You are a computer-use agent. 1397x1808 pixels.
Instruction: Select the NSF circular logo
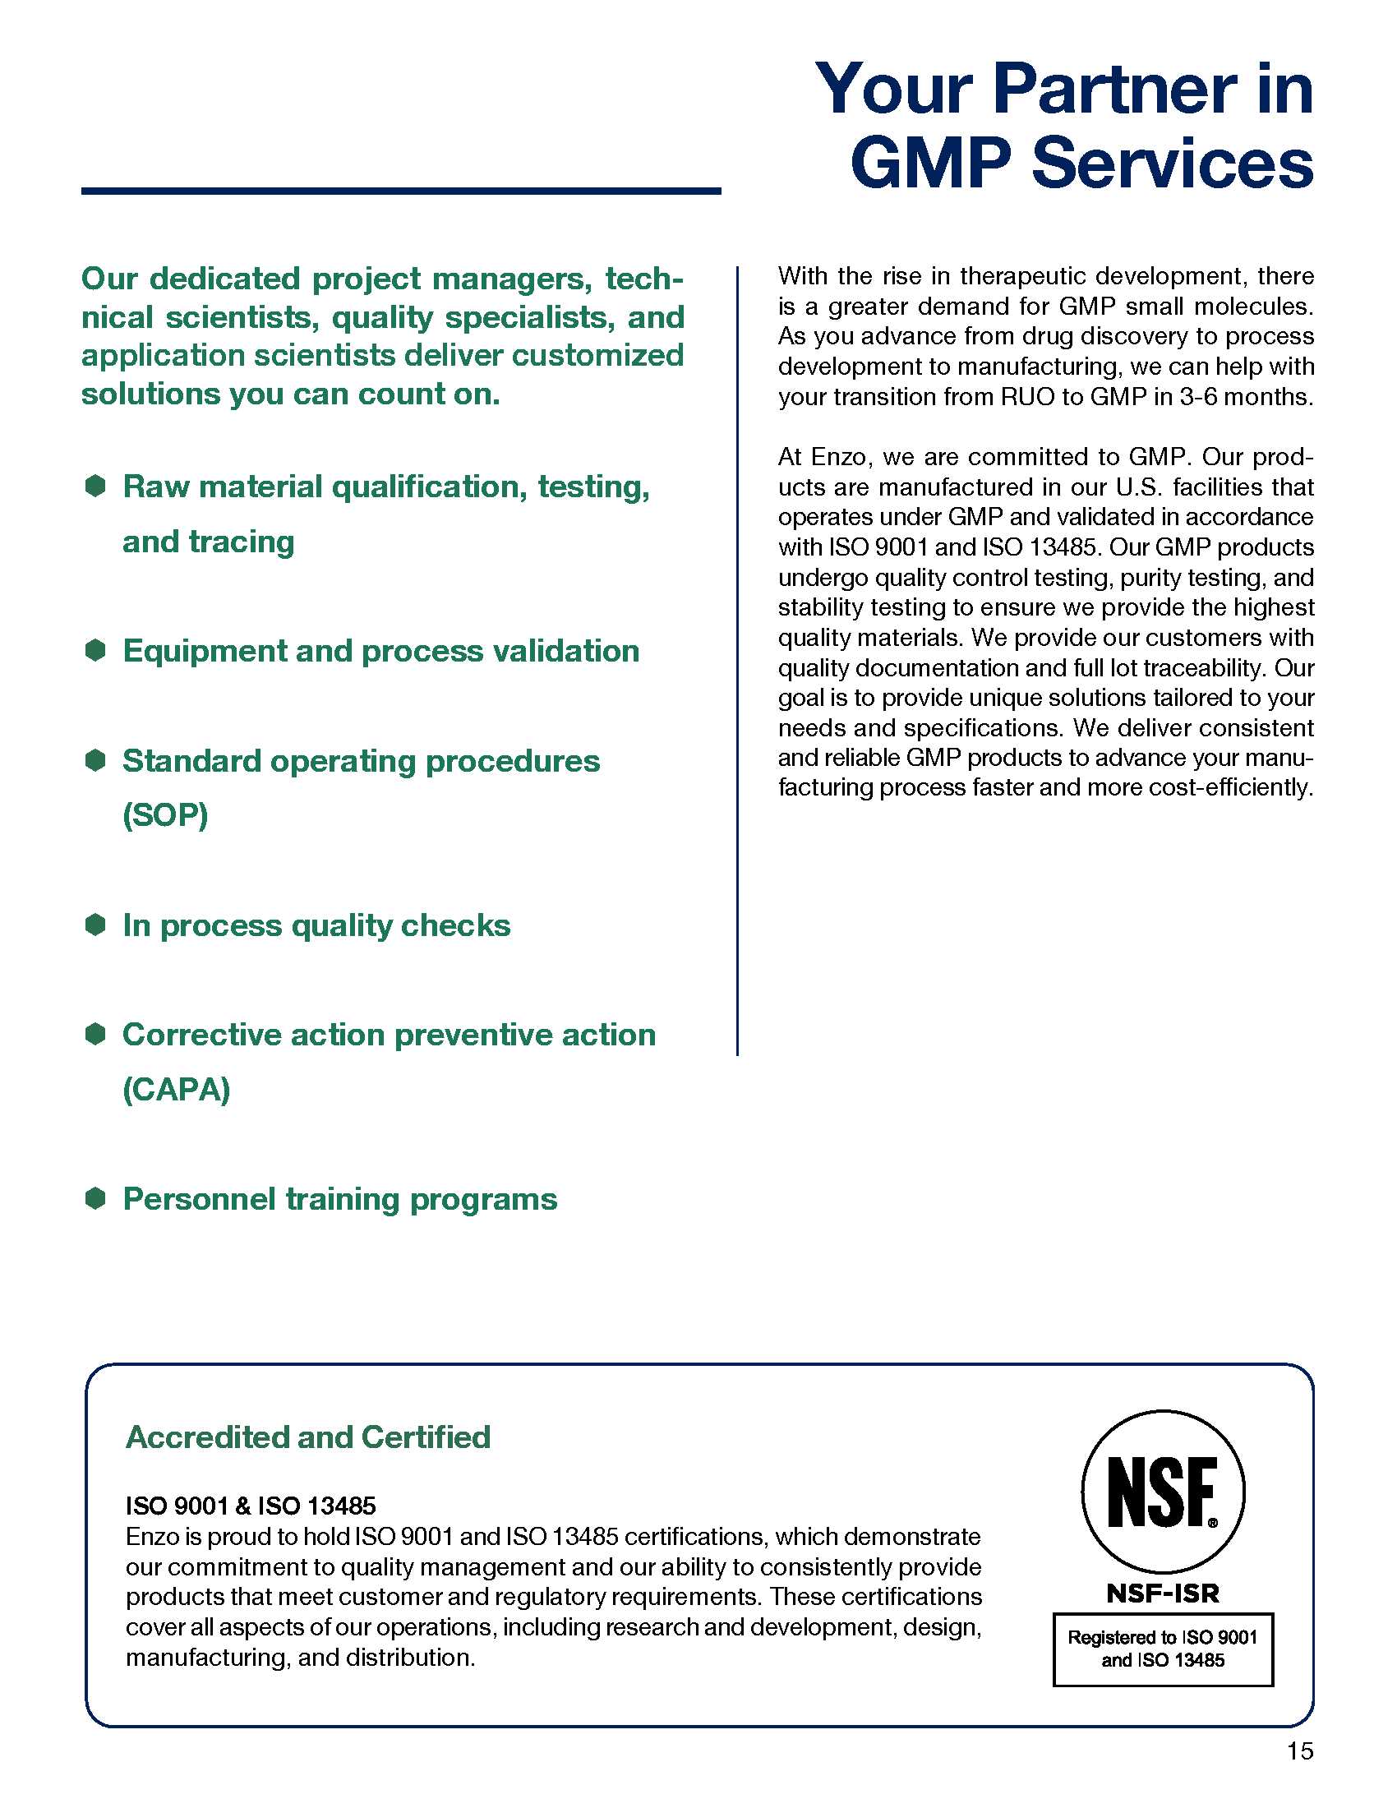click(x=1163, y=1492)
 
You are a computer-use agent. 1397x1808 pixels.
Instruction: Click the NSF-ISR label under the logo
click(x=1163, y=1594)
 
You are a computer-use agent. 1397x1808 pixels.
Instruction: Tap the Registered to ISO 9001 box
click(x=1163, y=1649)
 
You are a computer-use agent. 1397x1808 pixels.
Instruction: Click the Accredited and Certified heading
click(x=308, y=1437)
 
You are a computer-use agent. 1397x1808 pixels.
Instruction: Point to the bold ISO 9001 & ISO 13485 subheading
click(x=251, y=1506)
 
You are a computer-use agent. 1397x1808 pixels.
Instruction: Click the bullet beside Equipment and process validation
click(x=96, y=650)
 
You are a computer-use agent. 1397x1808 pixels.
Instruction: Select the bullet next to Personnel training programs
click(x=96, y=1198)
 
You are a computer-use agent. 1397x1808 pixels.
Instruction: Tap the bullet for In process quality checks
click(x=96, y=924)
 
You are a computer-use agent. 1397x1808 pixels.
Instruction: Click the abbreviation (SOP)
click(x=165, y=815)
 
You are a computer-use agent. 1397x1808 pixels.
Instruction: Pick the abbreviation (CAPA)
click(x=177, y=1090)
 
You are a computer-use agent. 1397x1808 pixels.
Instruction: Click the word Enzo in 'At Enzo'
click(x=837, y=457)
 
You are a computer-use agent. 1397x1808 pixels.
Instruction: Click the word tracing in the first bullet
click(x=241, y=542)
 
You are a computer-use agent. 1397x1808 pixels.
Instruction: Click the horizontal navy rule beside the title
click(x=401, y=191)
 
